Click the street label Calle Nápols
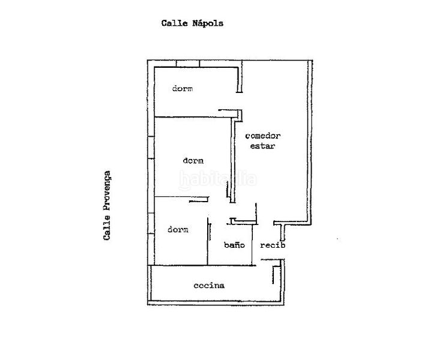pyautogui.click(x=192, y=23)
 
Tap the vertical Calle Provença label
pyautogui.click(x=107, y=205)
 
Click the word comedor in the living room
pyautogui.click(x=263, y=136)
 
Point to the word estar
pyautogui.click(x=263, y=146)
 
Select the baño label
pyautogui.click(x=234, y=245)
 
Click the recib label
pyautogui.click(x=273, y=245)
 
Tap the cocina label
pyautogui.click(x=209, y=286)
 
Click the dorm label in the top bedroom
pyautogui.click(x=183, y=89)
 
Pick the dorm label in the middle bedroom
pyautogui.click(x=193, y=161)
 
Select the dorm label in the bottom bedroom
pyautogui.click(x=178, y=230)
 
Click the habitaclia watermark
pyautogui.click(x=218, y=180)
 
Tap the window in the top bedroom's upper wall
pyautogui.click(x=188, y=64)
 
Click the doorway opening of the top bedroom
pyautogui.click(x=239, y=101)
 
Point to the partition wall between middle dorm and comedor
pyautogui.click(x=233, y=160)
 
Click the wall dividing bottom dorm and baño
pyautogui.click(x=207, y=241)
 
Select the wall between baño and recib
pyautogui.click(x=252, y=244)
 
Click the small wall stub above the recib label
pyautogui.click(x=282, y=232)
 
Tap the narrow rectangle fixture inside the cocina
pyautogui.click(x=276, y=275)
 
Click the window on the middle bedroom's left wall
pyautogui.click(x=151, y=147)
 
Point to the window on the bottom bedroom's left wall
pyautogui.click(x=151, y=223)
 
